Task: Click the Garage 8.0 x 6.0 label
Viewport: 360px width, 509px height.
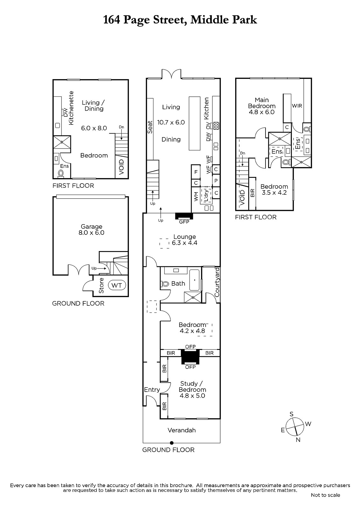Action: [91, 229]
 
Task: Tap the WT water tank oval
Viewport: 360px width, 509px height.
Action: [117, 285]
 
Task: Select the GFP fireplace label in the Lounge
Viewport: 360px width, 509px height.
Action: [184, 222]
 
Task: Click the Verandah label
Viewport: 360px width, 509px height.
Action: [182, 430]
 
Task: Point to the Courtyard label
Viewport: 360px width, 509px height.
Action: [217, 282]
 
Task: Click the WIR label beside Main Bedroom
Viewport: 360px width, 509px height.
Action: [297, 106]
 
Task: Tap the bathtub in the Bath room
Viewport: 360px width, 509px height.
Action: [195, 280]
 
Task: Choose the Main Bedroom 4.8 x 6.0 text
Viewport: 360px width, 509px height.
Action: [262, 106]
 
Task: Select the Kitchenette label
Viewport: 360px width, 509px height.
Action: [71, 108]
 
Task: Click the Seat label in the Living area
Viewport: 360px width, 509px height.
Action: [150, 127]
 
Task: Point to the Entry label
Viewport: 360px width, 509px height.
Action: [152, 390]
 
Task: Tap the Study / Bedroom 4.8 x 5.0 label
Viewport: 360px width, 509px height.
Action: [192, 389]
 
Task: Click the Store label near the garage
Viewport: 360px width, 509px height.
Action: [102, 285]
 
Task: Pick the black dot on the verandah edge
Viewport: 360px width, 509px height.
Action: [172, 443]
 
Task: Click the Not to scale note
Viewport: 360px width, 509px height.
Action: [325, 495]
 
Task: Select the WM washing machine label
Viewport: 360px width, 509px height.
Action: [196, 196]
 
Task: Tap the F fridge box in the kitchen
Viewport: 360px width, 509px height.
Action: [196, 172]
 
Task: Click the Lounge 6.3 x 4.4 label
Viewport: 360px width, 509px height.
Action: [184, 240]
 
